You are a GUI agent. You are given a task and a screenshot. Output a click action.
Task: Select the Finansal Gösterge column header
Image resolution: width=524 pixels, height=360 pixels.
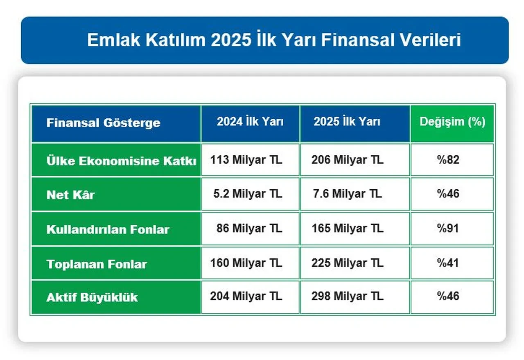(103, 123)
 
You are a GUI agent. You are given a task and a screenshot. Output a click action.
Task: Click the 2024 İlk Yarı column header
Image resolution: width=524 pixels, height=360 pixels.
(250, 122)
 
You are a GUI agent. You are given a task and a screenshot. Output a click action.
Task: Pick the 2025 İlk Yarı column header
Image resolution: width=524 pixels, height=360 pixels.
(347, 122)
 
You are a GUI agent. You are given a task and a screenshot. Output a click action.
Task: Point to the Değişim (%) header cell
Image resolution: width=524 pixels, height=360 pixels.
(452, 122)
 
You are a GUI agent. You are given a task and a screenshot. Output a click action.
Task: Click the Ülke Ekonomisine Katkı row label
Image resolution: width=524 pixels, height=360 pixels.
(121, 161)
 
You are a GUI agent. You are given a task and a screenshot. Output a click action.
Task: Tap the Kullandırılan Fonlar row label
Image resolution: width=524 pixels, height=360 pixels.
(108, 229)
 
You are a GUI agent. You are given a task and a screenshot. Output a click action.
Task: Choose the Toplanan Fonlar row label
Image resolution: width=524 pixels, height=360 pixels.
(97, 264)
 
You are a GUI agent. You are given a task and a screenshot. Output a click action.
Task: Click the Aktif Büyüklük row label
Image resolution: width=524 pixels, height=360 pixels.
(92, 297)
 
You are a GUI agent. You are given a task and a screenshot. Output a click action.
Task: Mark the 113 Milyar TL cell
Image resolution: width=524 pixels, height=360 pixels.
(246, 160)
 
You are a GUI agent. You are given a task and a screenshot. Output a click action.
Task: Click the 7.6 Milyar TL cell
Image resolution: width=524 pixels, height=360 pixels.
(347, 194)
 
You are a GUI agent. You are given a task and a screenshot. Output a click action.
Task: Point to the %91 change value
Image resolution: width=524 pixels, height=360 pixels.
(448, 229)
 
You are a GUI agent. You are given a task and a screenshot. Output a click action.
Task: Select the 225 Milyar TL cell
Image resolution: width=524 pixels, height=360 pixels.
(347, 263)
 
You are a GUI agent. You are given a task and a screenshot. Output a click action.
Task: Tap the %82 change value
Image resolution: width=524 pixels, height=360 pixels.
(448, 160)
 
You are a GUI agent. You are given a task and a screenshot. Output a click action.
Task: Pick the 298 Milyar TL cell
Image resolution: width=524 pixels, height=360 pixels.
(347, 296)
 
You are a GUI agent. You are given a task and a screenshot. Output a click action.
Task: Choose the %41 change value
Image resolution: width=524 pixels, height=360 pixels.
(448, 263)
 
